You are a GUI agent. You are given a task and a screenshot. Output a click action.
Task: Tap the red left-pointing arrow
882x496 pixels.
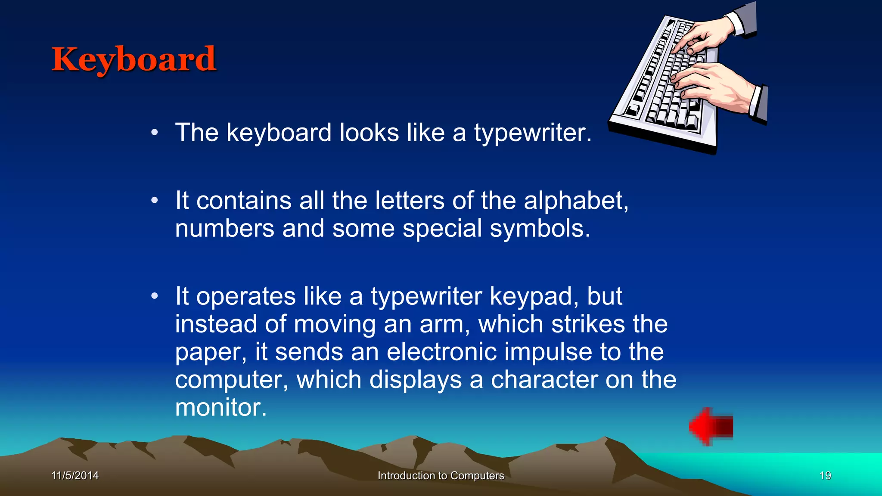711,427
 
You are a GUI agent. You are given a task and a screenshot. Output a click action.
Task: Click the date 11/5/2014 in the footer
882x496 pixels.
75,476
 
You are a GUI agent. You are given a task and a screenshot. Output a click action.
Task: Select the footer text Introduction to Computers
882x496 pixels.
441,476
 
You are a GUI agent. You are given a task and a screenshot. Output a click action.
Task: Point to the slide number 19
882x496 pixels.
825,476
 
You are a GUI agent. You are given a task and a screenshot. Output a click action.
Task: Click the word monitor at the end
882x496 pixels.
220,407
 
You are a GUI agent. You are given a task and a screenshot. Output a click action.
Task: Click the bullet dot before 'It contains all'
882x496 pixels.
155,201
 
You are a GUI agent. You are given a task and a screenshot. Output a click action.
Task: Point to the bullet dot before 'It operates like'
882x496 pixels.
155,296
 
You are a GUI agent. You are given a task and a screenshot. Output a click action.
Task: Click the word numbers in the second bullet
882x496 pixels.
224,229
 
